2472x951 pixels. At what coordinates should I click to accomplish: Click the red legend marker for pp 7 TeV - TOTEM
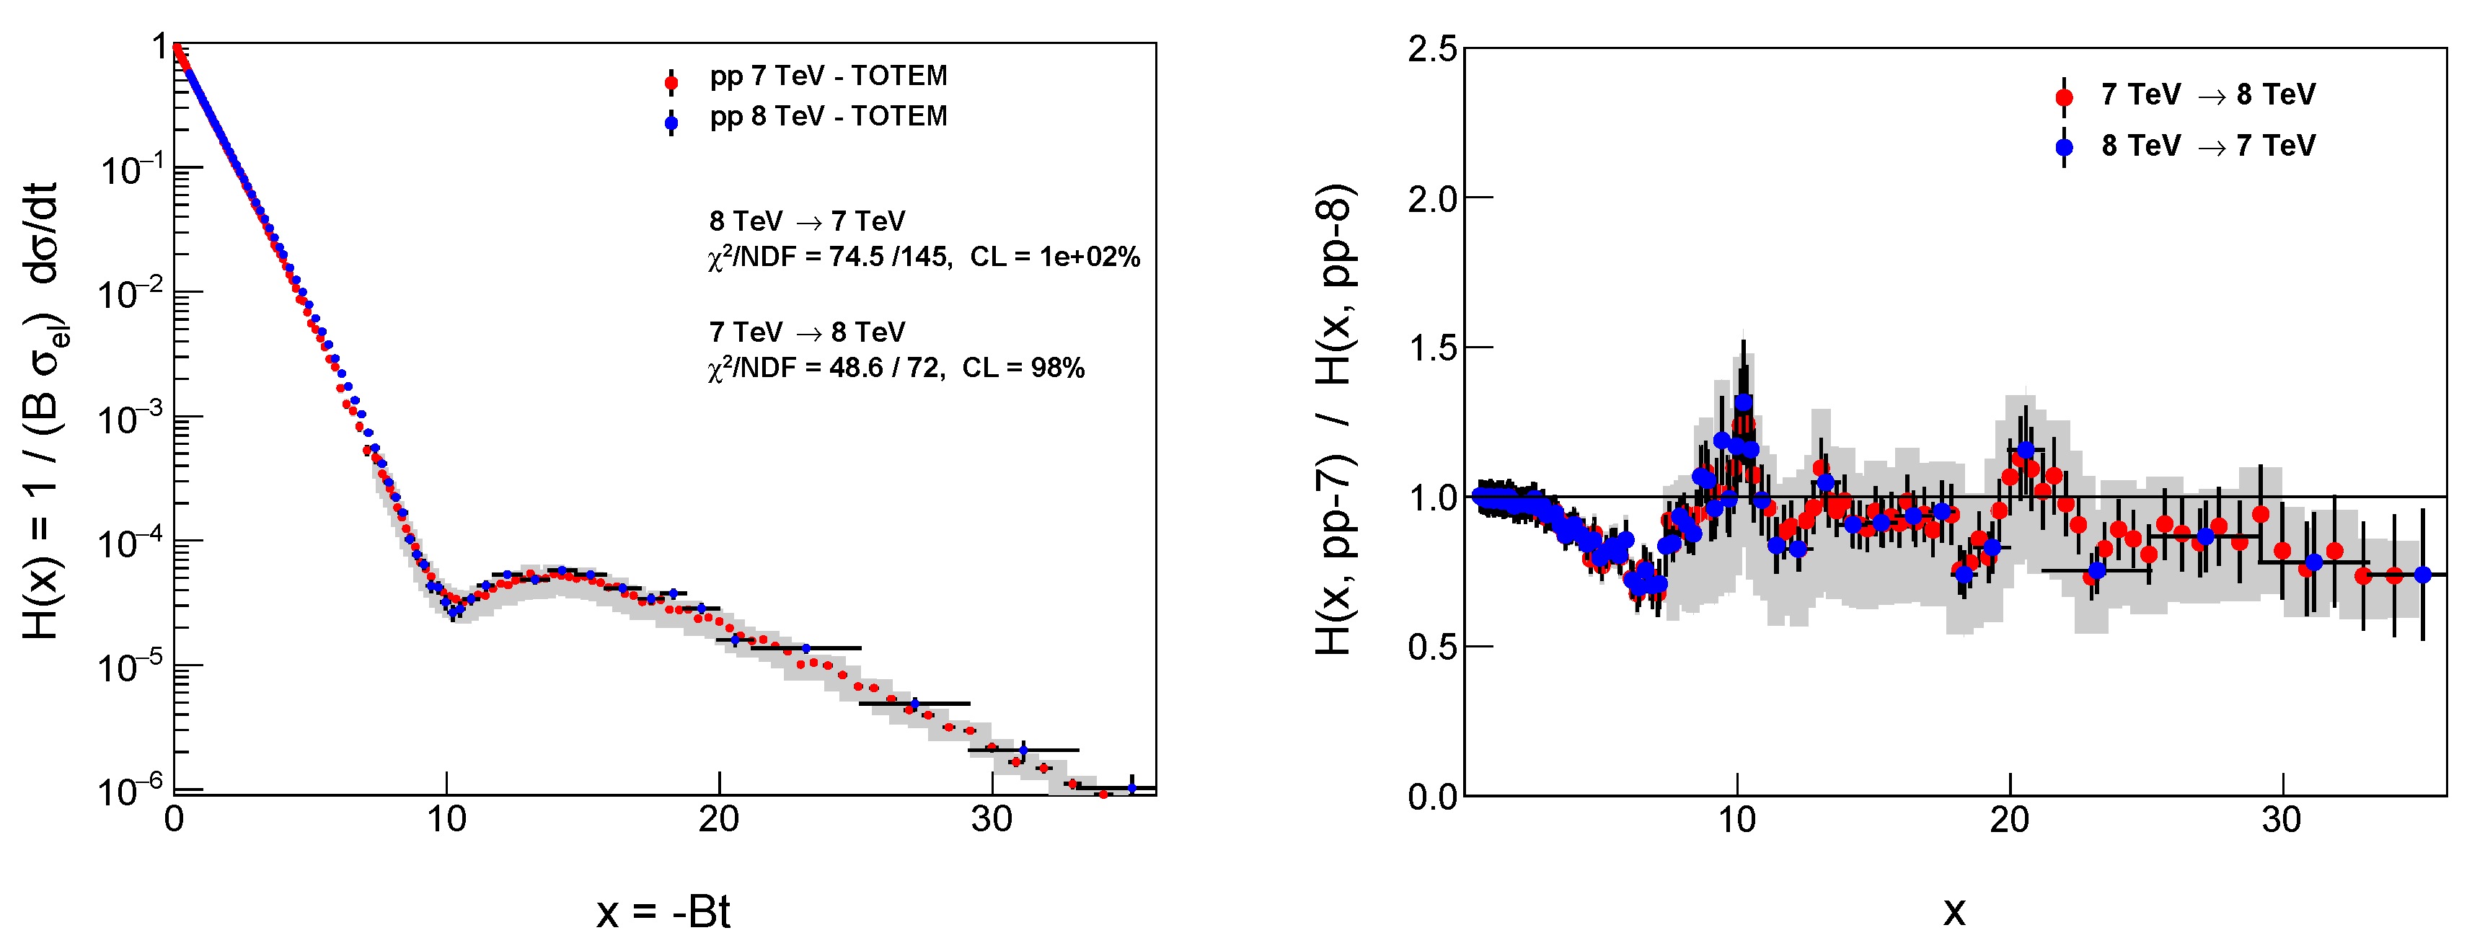pyautogui.click(x=671, y=82)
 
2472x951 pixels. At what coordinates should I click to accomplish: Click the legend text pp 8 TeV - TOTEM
pyautogui.click(x=828, y=116)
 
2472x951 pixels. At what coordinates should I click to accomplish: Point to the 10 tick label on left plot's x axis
pyautogui.click(x=446, y=820)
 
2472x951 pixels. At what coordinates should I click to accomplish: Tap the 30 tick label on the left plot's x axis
pyautogui.click(x=992, y=820)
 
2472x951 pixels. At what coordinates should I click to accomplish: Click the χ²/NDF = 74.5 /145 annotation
pyautogui.click(x=830, y=257)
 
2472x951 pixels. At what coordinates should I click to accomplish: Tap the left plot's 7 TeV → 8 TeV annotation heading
pyautogui.click(x=807, y=332)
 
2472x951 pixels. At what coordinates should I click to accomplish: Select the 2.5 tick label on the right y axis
pyautogui.click(x=1431, y=50)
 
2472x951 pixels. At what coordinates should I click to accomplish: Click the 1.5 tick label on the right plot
pyautogui.click(x=1431, y=348)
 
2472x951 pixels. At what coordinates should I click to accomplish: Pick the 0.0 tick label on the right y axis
pyautogui.click(x=1431, y=797)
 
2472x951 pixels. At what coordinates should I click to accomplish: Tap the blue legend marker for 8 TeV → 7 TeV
pyautogui.click(x=2064, y=147)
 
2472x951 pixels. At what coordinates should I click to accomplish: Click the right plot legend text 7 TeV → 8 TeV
pyautogui.click(x=2207, y=95)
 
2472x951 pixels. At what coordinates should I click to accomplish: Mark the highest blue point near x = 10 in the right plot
pyautogui.click(x=1744, y=402)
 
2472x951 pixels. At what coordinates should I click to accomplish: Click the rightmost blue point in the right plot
pyautogui.click(x=2422, y=575)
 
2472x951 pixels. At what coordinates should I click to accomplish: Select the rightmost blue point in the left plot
pyautogui.click(x=1131, y=788)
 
